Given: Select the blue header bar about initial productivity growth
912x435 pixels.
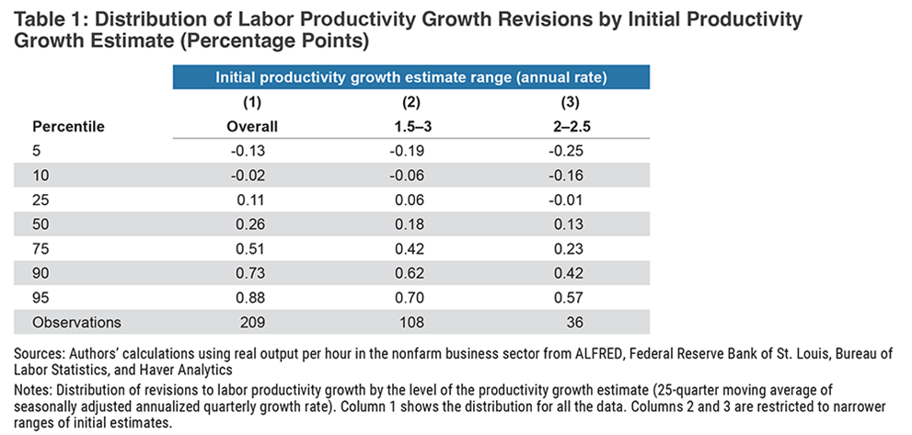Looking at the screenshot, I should pyautogui.click(x=410, y=77).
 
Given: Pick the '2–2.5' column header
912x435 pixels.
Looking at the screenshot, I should pyautogui.click(x=567, y=126).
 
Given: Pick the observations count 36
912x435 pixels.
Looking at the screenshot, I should pyautogui.click(x=567, y=322).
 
